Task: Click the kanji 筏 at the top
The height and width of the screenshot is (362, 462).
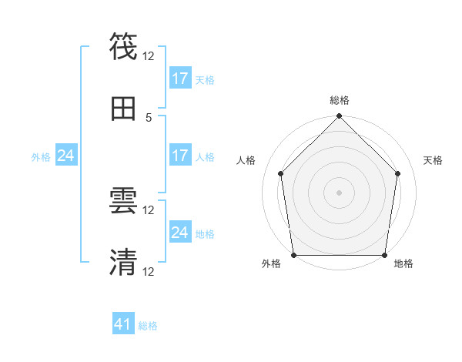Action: click(123, 45)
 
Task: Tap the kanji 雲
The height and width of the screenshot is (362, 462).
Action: click(123, 201)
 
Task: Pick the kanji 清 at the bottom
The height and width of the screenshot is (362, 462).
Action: click(123, 262)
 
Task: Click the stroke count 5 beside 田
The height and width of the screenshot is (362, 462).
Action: click(149, 117)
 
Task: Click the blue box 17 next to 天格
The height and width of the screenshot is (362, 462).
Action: click(180, 79)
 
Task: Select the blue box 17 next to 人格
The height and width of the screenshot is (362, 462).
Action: click(180, 156)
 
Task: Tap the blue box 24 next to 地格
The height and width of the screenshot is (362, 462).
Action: click(180, 233)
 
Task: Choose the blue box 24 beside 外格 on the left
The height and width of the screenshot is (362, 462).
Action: click(66, 156)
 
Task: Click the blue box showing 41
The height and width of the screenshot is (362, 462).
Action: click(123, 324)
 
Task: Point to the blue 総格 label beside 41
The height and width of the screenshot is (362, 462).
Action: click(148, 326)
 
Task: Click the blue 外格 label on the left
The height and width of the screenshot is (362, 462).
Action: click(41, 157)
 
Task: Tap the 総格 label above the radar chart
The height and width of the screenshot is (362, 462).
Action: click(339, 100)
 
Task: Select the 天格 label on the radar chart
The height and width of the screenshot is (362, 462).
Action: click(434, 160)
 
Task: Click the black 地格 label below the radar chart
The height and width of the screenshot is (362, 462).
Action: click(403, 264)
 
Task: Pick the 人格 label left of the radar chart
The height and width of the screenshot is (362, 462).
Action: click(246, 160)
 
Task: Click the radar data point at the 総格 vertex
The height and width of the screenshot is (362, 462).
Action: click(339, 117)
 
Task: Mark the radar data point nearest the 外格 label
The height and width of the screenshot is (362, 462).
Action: click(293, 255)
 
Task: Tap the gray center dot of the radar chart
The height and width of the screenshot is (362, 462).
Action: click(339, 192)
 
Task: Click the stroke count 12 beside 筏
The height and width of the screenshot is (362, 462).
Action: click(149, 56)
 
